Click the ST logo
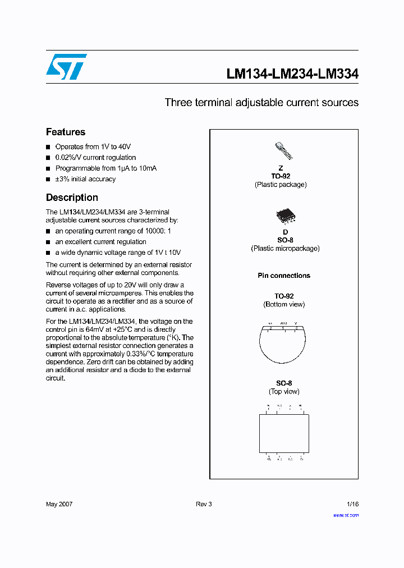66,67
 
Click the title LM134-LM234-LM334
292,74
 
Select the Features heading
66,132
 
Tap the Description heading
72,198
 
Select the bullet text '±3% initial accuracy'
85,179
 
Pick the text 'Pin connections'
284,276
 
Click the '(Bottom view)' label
284,304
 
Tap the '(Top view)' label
284,392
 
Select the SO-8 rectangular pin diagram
284,433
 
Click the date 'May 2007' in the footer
59,504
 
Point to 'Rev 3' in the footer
204,504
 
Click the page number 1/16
351,504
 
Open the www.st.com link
346,515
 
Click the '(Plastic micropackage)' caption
285,248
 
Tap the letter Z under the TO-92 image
281,168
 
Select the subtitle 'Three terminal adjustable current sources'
261,103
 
